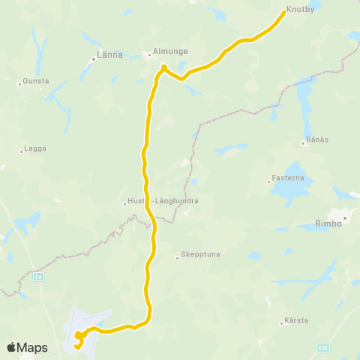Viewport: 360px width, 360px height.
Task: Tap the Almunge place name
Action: tap(169, 52)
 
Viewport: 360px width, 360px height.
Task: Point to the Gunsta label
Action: tap(37, 79)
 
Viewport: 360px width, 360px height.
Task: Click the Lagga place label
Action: tap(35, 148)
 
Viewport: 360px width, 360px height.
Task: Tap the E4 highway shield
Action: tap(38, 276)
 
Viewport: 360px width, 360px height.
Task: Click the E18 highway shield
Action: tap(323, 347)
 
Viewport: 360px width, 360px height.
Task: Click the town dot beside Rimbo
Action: tap(345, 218)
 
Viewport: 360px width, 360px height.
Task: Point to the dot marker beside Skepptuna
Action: tap(178, 258)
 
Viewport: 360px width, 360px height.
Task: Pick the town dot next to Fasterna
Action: tap(269, 181)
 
